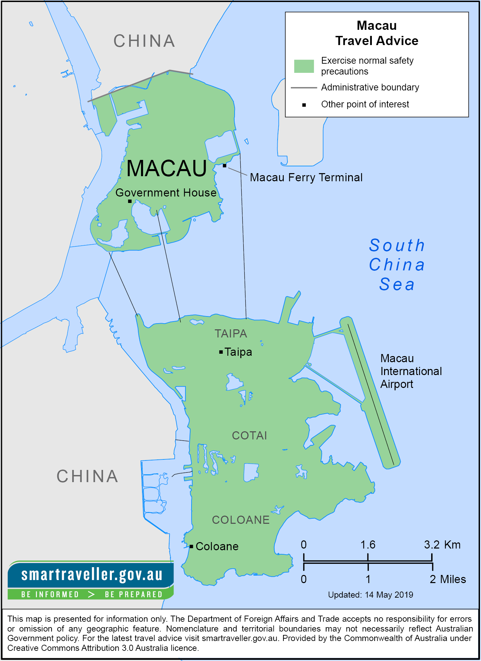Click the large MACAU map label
(x=166, y=168)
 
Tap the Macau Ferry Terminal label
(x=306, y=178)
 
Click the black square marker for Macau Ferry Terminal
(x=224, y=166)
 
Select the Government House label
(x=166, y=193)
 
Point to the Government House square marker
(x=130, y=201)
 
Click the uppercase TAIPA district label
(x=231, y=334)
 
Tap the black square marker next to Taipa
(x=221, y=352)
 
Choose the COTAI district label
(x=249, y=436)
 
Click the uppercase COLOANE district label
(x=241, y=520)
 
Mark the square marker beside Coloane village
(x=192, y=546)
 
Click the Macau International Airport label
(x=411, y=371)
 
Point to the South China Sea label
(x=397, y=265)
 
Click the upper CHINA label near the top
(x=144, y=41)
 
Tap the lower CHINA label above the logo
(x=87, y=476)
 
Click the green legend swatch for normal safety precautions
(x=304, y=66)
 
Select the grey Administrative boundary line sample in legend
(x=304, y=88)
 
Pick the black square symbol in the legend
(x=304, y=105)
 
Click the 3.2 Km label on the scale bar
(x=442, y=545)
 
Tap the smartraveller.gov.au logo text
(x=92, y=575)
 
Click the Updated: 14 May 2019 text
(x=370, y=595)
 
